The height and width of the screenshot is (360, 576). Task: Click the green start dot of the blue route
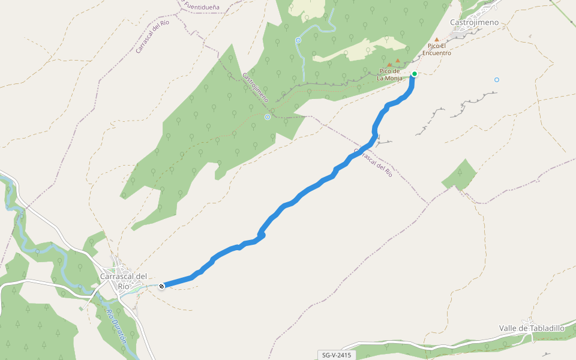tap(415, 74)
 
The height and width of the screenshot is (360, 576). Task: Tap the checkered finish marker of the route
tap(161, 286)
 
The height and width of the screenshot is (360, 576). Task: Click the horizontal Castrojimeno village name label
tap(474, 22)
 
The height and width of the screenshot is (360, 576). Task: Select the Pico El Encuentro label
tap(437, 49)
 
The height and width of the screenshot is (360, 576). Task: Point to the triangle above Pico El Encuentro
tap(437, 40)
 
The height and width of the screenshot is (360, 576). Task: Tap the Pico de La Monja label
tap(389, 74)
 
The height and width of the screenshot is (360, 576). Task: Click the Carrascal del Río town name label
tap(124, 281)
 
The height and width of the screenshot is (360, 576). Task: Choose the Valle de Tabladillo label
tap(532, 328)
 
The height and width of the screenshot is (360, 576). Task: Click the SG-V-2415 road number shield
tap(336, 355)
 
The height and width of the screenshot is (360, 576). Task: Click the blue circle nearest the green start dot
tap(497, 80)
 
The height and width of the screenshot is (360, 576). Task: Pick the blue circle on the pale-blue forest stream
tap(298, 40)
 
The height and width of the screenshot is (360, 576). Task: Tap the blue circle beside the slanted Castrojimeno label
tap(267, 117)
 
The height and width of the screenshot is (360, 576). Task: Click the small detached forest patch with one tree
tap(460, 174)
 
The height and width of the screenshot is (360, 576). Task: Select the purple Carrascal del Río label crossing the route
tap(373, 162)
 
